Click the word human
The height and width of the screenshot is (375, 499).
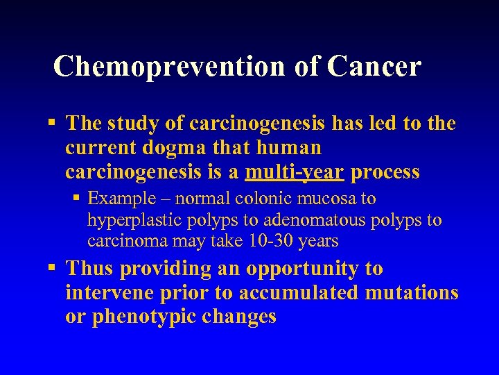[x=288, y=148]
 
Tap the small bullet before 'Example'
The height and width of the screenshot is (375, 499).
[x=77, y=199]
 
